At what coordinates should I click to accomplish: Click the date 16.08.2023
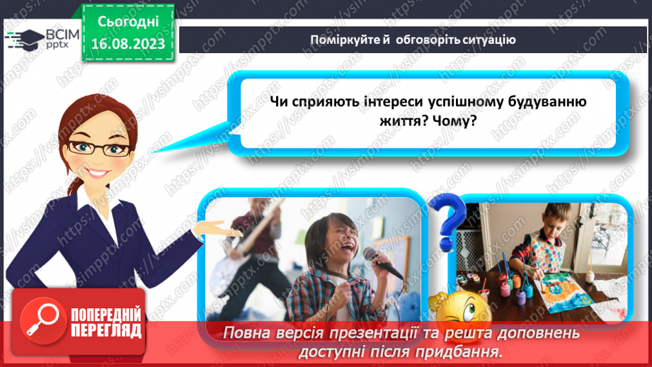[128, 44]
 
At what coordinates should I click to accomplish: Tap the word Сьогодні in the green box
[128, 22]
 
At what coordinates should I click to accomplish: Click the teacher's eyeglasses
[99, 148]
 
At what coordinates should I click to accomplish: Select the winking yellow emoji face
[462, 310]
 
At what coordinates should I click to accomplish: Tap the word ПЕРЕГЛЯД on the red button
[106, 331]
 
